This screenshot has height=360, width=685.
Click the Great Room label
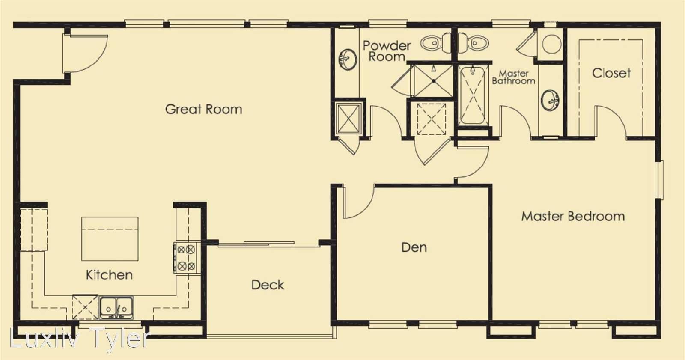coord(204,110)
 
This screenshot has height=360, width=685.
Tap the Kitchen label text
coord(109,275)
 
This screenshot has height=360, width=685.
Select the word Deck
coord(268,285)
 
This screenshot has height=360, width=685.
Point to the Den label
coord(414,247)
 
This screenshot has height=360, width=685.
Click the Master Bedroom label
coord(573,216)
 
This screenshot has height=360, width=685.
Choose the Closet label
coord(611,73)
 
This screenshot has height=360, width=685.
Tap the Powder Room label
coord(387,51)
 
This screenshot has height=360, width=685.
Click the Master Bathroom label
coord(513,77)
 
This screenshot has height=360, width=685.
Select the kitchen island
coord(110,239)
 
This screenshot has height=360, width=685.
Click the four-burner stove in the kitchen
coord(186,258)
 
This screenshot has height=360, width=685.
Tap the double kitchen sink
coord(116,307)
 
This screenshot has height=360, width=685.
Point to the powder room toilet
coord(435,43)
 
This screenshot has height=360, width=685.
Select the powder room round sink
coord(348,59)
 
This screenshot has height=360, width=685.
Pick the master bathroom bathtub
coord(473,95)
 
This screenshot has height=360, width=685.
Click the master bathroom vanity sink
coord(550,100)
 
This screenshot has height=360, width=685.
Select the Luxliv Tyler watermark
coord(80,338)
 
